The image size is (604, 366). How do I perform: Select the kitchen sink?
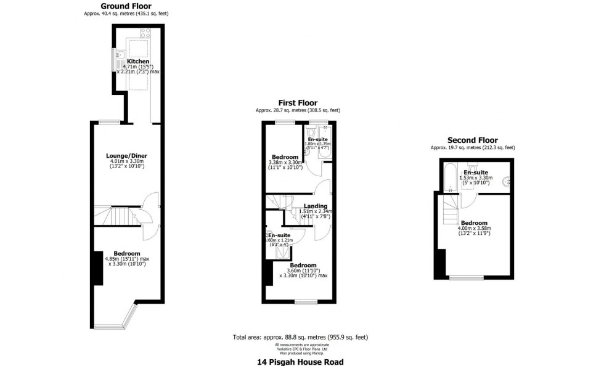(x=120, y=59)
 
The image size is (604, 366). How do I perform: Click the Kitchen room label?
(x=137, y=62)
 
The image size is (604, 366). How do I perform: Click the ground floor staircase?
(x=112, y=216)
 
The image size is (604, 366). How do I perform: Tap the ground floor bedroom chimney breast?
(x=97, y=268)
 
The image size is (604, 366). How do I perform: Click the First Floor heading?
(x=298, y=103)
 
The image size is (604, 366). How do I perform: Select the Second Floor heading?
(x=472, y=140)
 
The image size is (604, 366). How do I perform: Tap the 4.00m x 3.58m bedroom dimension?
(x=475, y=229)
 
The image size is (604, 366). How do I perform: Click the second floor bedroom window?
(x=466, y=278)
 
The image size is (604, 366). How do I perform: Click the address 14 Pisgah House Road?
(x=300, y=362)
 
